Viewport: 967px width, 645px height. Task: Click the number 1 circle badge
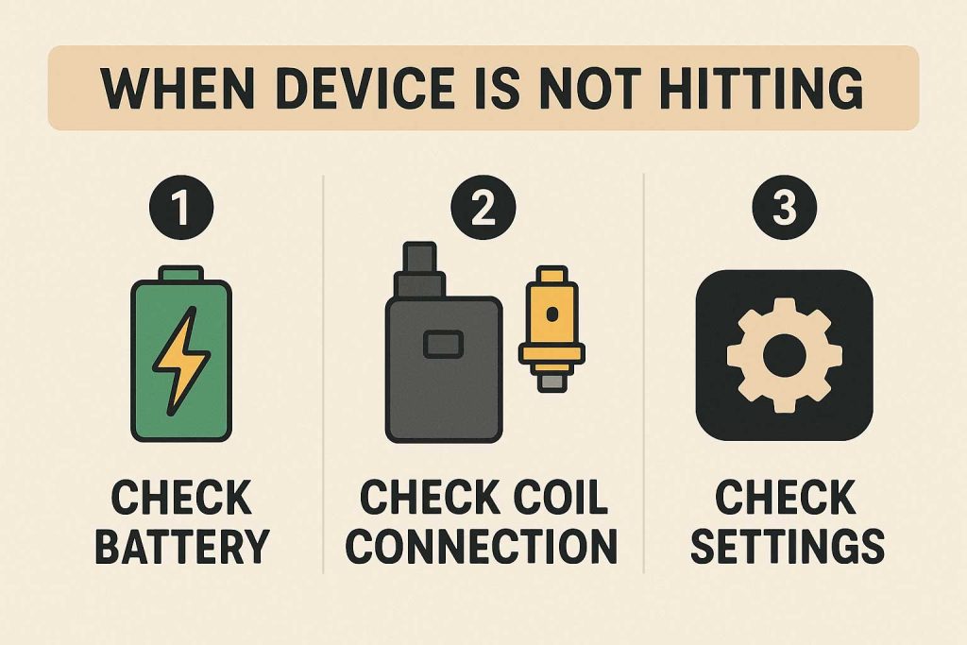181,207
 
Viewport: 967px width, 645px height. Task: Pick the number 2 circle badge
483,207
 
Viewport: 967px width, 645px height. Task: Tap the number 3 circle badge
785,207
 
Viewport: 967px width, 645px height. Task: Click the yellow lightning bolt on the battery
181,361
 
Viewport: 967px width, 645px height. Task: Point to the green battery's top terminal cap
181,273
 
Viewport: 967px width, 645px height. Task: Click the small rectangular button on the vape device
443,344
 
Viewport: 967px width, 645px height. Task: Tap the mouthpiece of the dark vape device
420,269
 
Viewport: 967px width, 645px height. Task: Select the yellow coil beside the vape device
551,329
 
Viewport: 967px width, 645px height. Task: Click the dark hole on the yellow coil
551,314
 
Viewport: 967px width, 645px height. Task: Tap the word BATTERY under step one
182,547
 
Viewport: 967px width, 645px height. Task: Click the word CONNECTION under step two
482,547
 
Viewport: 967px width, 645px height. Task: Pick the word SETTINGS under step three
788,547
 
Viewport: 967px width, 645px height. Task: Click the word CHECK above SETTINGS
785,497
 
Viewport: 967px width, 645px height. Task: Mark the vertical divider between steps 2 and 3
644,373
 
